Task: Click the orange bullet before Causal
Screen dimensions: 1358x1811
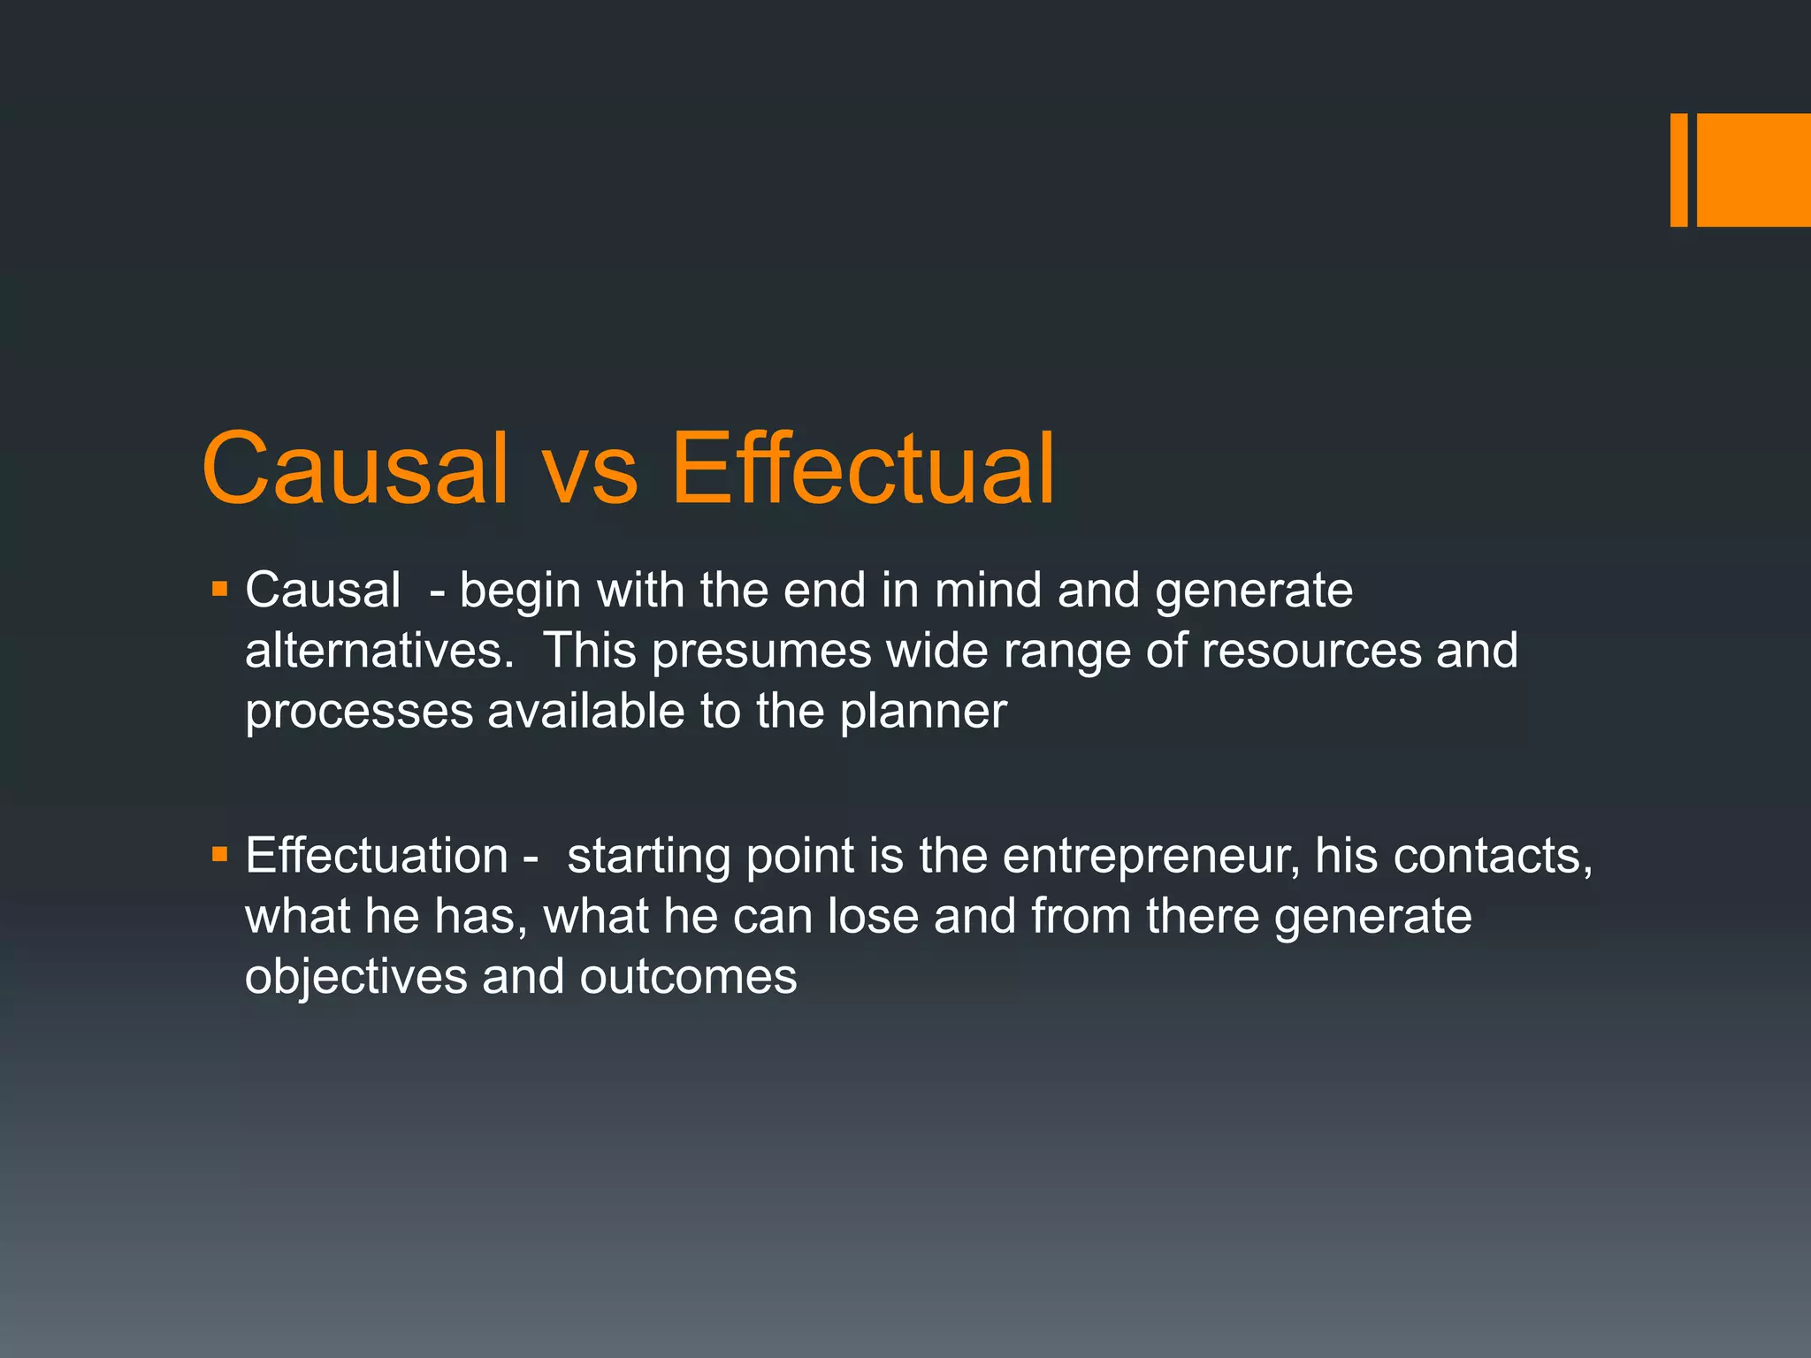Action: point(220,588)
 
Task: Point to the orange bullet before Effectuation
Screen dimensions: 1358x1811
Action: point(220,854)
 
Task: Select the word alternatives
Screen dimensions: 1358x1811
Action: point(379,651)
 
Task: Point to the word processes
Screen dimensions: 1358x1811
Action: point(359,713)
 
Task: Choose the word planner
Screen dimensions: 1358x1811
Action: point(923,713)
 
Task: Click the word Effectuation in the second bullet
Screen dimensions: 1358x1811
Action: point(377,856)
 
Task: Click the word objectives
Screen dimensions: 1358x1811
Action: point(355,978)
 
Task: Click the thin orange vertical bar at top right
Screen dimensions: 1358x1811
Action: point(1678,170)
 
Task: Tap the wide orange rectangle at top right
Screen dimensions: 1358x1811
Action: point(1754,170)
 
